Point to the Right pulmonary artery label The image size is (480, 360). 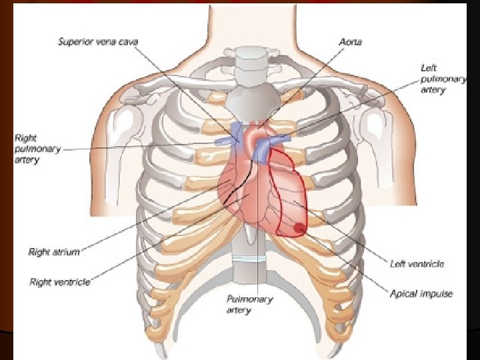tap(36, 149)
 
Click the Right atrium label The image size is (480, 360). tap(54, 252)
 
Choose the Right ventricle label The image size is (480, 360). tap(60, 282)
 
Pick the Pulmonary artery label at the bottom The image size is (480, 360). tap(249, 305)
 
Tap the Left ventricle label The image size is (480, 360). tap(417, 264)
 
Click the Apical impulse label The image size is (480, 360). tap(421, 294)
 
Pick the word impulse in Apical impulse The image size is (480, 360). tap(436, 294)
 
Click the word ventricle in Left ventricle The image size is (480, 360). tap(427, 264)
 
